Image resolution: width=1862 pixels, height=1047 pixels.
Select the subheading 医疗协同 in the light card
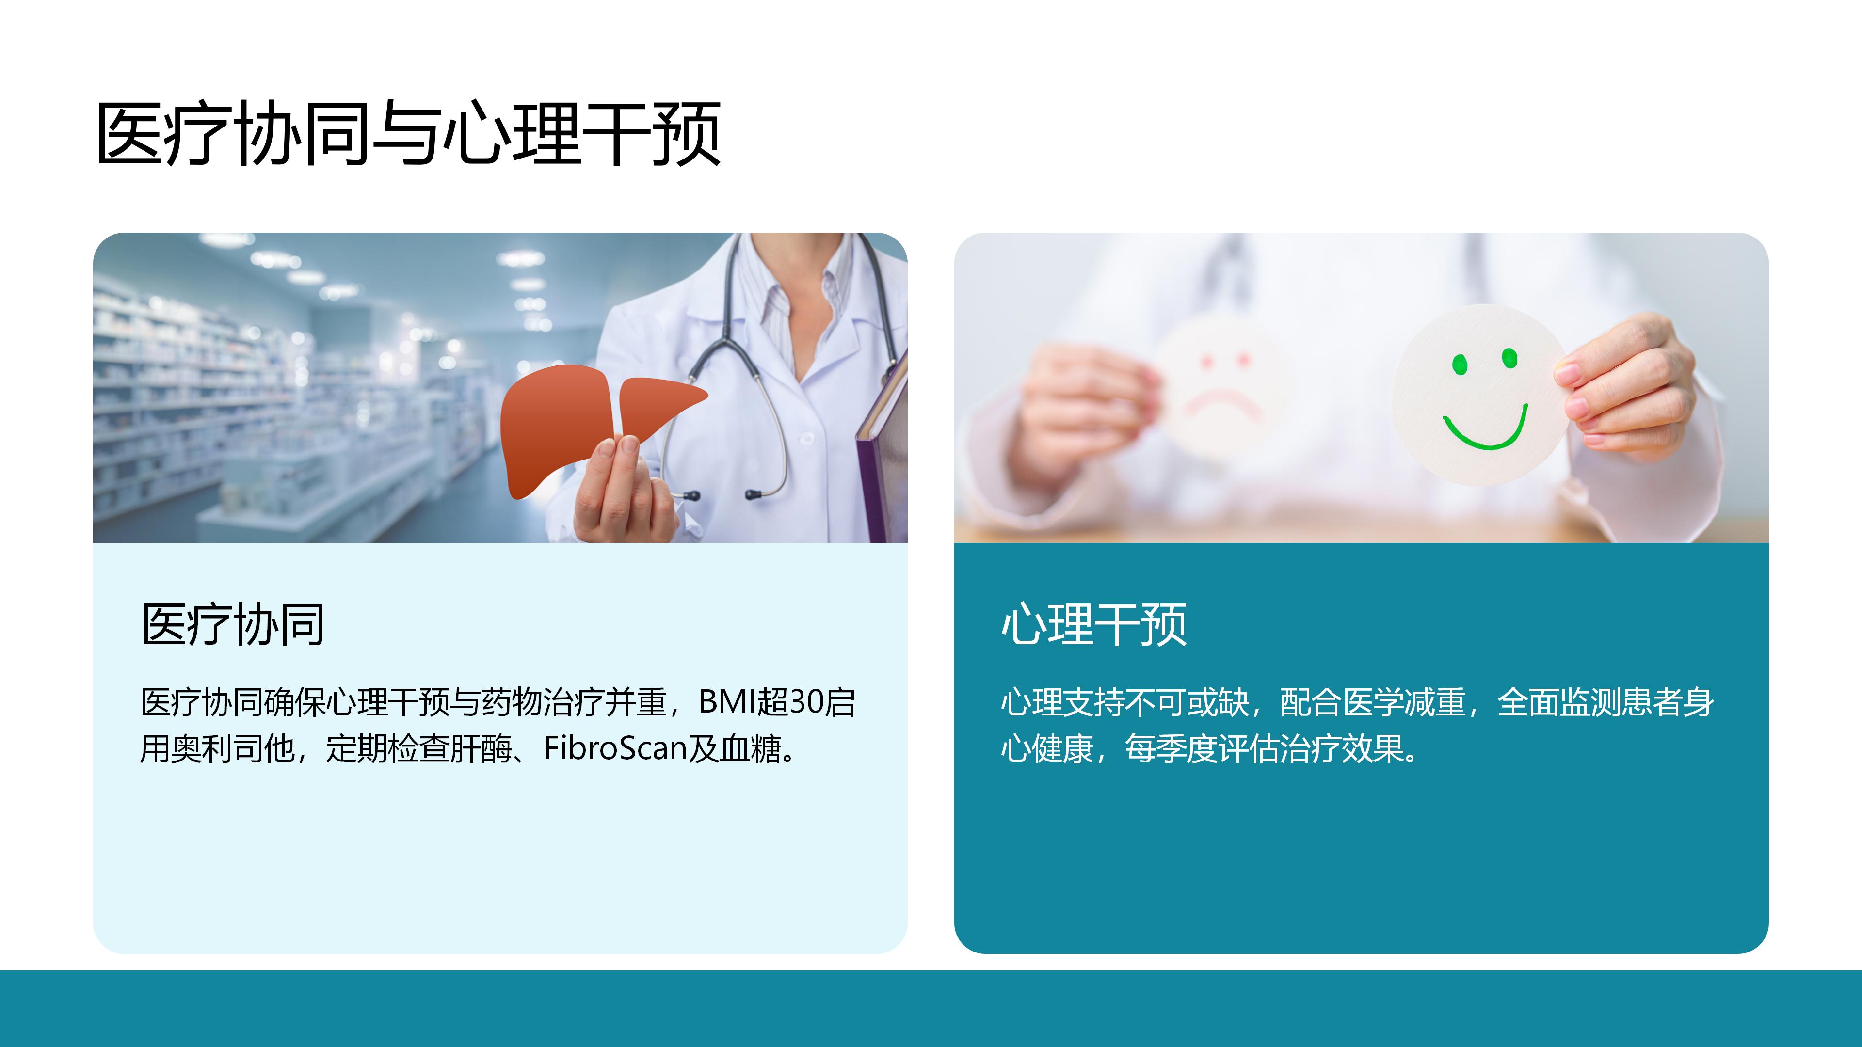233,624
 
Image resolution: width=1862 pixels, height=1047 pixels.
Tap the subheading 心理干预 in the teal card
1093,624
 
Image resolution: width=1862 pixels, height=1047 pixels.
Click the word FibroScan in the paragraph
614,748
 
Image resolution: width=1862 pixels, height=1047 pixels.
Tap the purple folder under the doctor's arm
883,448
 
